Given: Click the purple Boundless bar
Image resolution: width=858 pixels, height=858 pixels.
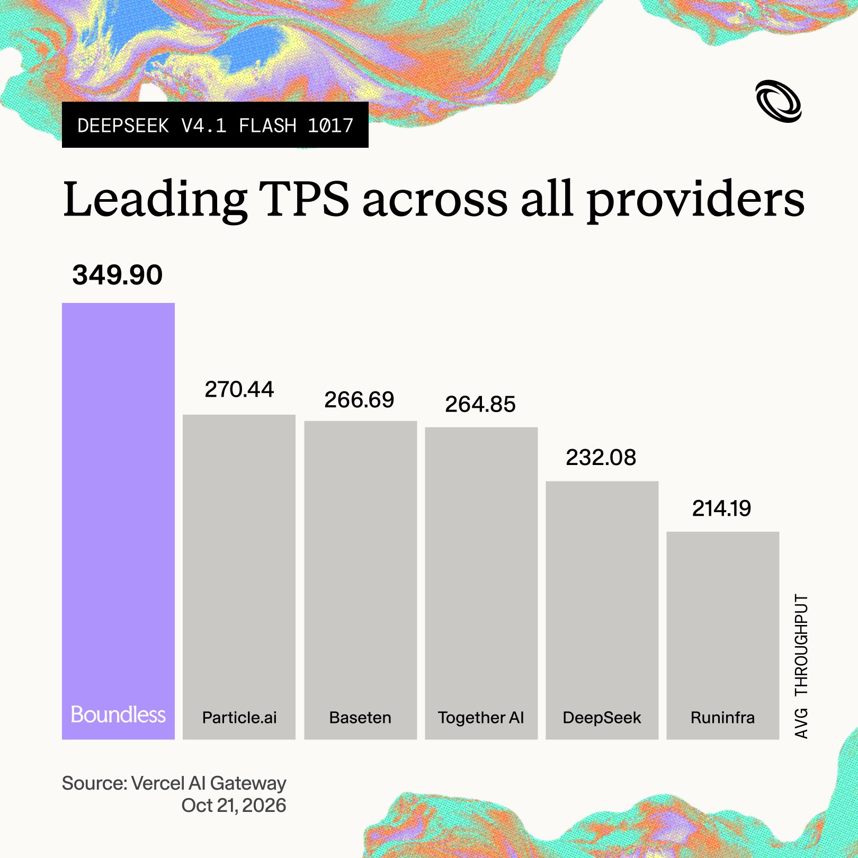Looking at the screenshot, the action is (x=118, y=521).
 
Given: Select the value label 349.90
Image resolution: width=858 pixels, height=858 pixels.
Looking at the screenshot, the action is (x=118, y=275).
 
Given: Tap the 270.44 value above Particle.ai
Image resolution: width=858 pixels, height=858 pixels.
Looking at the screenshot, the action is (x=239, y=389).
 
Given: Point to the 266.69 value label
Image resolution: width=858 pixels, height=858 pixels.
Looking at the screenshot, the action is (x=360, y=400).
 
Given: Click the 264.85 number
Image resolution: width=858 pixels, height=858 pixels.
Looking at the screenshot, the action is (x=480, y=404).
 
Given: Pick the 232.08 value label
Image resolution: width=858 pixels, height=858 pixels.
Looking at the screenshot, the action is (x=601, y=458).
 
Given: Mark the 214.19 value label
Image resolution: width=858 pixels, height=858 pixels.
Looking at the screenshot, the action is (x=722, y=508).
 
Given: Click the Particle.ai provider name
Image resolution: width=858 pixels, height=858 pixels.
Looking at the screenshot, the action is (x=239, y=718).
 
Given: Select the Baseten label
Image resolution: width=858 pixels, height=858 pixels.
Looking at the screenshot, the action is (x=360, y=718).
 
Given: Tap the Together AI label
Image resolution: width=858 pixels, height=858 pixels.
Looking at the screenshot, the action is (x=481, y=718).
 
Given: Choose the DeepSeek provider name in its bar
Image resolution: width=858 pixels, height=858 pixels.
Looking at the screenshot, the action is (x=602, y=718).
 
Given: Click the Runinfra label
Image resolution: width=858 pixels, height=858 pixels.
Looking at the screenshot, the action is (x=722, y=718).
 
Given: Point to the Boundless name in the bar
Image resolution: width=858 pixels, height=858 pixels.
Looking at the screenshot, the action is (x=118, y=714).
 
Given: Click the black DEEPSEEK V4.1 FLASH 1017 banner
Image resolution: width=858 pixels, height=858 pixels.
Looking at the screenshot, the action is (x=215, y=125).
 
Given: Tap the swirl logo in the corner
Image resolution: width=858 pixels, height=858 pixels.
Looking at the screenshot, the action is (x=779, y=101).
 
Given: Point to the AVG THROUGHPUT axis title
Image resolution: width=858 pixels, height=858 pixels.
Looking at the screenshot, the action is (x=801, y=666).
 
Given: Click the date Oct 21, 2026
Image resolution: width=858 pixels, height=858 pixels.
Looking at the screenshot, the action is (x=234, y=806).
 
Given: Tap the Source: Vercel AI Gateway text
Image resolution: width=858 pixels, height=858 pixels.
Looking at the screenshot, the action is (x=174, y=783).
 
